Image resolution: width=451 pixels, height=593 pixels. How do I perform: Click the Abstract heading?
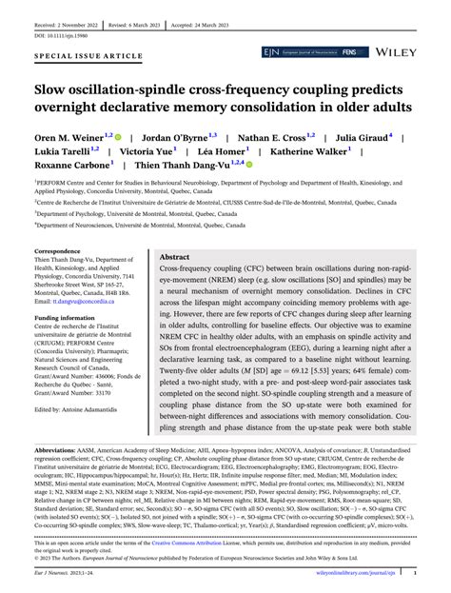pos(174,257)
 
